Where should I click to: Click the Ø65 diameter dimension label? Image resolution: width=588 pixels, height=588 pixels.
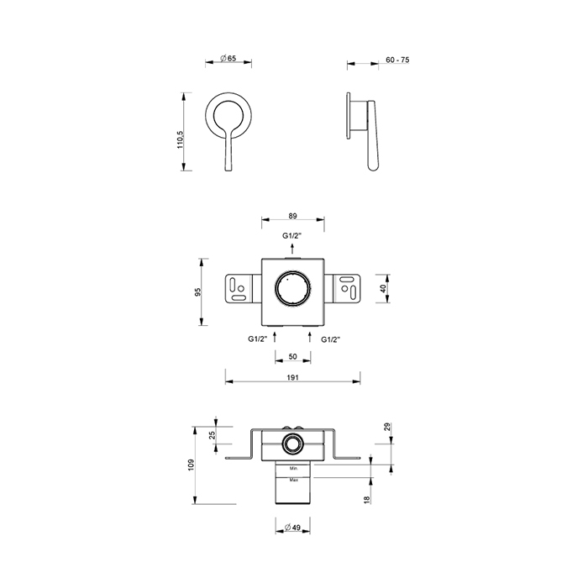(x=228, y=59)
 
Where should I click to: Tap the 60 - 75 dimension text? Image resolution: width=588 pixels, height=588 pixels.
(x=397, y=60)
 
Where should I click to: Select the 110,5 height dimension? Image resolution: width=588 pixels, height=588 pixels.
(x=181, y=140)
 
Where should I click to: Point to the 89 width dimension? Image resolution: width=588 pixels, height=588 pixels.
(x=293, y=216)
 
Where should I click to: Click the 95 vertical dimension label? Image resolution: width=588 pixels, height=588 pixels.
(x=198, y=291)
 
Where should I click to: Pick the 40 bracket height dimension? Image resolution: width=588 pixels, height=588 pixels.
(x=382, y=288)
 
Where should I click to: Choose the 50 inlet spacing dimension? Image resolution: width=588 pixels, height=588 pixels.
(x=293, y=356)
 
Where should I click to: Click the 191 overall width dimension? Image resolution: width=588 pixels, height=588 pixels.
(x=292, y=378)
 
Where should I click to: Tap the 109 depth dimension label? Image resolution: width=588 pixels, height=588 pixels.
(x=192, y=465)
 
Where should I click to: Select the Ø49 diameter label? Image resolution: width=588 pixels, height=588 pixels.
(x=292, y=528)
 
